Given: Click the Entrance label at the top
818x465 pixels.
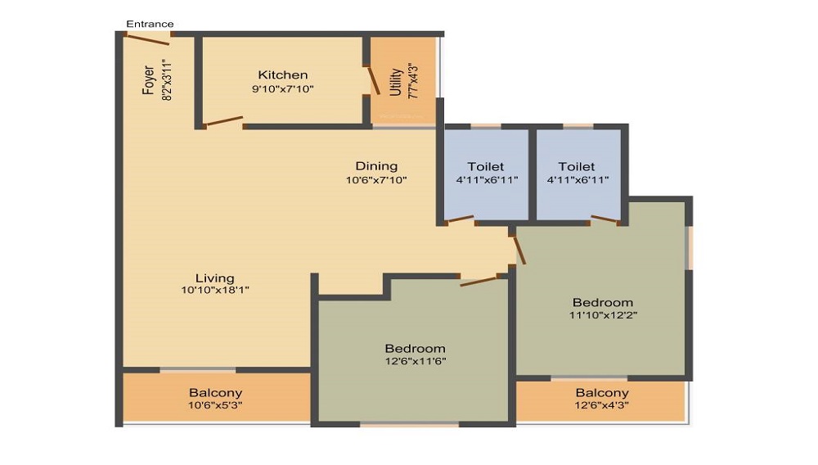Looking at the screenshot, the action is click(150, 24).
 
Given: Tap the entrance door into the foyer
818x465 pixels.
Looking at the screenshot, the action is click(148, 39).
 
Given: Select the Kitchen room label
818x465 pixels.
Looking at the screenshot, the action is click(283, 75).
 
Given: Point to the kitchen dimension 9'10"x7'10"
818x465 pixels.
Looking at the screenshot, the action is click(283, 88).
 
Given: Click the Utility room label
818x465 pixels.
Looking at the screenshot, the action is click(396, 82).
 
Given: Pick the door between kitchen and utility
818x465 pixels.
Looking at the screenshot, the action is click(372, 81).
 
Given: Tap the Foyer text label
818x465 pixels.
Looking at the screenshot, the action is click(149, 80).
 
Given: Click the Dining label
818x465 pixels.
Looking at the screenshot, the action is click(376, 166).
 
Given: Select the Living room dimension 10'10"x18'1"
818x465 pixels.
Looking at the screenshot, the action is click(215, 290).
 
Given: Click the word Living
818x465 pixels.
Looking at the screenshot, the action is click(215, 278).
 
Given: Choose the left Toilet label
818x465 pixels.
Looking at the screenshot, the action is click(486, 166).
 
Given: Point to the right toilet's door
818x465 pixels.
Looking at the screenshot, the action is click(605, 219).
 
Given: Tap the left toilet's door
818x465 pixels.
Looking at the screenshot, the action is click(460, 220).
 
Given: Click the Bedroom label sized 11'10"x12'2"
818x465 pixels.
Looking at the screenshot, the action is click(603, 303).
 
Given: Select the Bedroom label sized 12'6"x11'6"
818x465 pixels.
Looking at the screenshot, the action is click(416, 349).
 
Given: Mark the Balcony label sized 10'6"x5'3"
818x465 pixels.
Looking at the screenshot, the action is click(215, 392).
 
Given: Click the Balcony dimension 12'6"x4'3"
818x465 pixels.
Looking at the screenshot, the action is click(602, 405).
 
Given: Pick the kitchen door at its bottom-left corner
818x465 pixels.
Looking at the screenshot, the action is click(222, 122).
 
